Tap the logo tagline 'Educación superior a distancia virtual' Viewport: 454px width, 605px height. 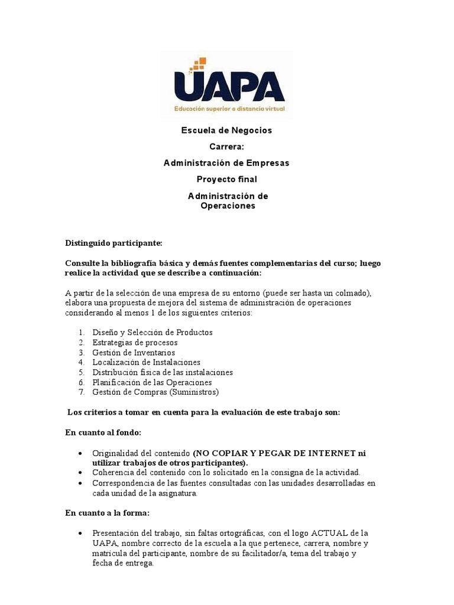[x=229, y=109]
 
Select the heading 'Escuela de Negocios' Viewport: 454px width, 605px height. [x=226, y=130]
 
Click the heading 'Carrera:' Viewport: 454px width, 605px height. [x=226, y=147]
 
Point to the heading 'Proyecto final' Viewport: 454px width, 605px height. [x=226, y=179]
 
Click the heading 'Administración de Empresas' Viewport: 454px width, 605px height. [x=226, y=162]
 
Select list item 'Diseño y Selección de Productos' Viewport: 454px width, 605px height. [x=153, y=332]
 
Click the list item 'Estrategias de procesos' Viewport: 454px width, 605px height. [x=135, y=342]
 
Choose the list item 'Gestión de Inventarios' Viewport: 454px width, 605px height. [x=134, y=352]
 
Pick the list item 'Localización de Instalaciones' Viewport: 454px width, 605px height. [x=146, y=362]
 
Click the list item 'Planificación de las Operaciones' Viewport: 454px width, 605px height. [x=152, y=382]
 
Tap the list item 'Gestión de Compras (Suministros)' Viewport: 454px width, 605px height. [x=155, y=392]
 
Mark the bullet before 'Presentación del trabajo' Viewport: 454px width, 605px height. [x=80, y=533]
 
